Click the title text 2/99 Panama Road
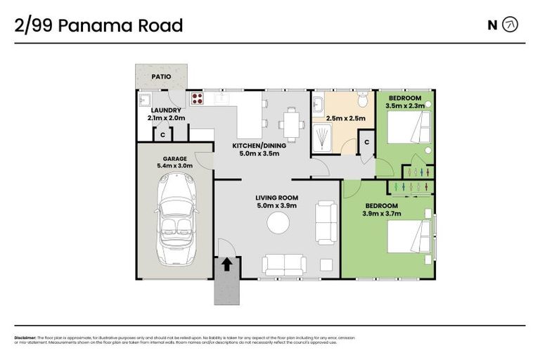click(x=98, y=26)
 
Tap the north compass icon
click(x=511, y=25)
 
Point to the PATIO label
click(x=162, y=77)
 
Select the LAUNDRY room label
click(x=166, y=110)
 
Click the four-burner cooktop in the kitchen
click(x=197, y=99)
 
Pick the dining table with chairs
click(x=291, y=123)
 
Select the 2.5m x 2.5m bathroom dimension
click(x=345, y=118)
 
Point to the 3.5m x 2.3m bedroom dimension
click(x=405, y=105)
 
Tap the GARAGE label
click(x=174, y=159)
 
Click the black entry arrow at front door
click(x=227, y=264)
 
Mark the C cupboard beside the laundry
click(x=162, y=135)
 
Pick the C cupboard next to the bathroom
click(x=366, y=143)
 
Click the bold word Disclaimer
click(x=25, y=337)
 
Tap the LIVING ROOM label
click(x=277, y=198)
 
